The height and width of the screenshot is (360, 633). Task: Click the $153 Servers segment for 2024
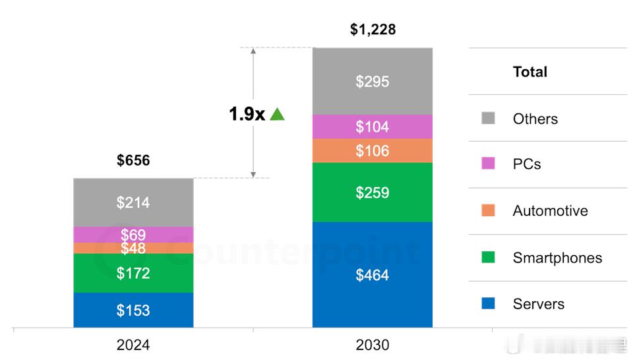[x=133, y=311]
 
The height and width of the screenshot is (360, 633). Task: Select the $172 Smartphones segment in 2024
[x=133, y=273]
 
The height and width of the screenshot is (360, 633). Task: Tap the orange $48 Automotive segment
[x=133, y=248]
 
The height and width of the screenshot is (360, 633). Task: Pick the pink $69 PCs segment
[x=133, y=235]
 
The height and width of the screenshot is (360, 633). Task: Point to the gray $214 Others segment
[x=133, y=202]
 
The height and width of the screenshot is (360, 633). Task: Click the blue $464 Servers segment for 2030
[x=373, y=275]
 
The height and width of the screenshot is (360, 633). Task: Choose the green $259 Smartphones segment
[x=373, y=193]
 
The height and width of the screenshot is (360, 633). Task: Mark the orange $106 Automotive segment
[x=373, y=151]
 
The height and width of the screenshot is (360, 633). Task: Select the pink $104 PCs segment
[x=373, y=127]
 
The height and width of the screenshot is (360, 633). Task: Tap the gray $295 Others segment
[x=373, y=81]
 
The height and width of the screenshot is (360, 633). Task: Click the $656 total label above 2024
[x=133, y=160]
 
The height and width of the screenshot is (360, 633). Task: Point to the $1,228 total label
[x=373, y=30]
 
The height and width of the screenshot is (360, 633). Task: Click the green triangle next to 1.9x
[x=277, y=115]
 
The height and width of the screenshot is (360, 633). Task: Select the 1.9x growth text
[x=247, y=115]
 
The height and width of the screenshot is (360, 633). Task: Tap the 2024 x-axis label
[x=133, y=345]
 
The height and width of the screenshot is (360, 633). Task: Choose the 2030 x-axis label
[x=373, y=345]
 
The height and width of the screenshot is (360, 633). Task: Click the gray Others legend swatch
[x=488, y=119]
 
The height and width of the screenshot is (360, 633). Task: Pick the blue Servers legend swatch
[x=488, y=304]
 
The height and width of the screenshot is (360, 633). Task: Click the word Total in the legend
[x=530, y=72]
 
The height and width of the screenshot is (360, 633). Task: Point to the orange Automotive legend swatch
[x=488, y=211]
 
